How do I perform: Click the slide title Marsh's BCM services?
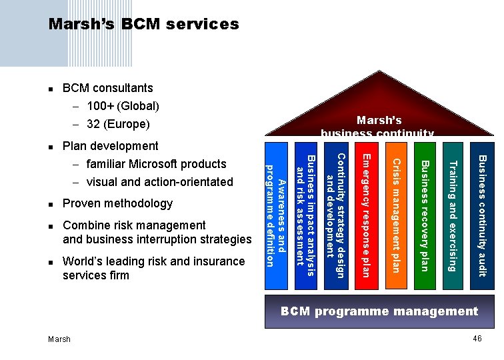click(143, 25)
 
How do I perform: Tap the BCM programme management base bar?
click(379, 311)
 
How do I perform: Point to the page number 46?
click(477, 339)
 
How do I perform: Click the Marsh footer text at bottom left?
click(59, 339)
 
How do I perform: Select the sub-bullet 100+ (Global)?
click(123, 106)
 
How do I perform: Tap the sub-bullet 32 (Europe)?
click(118, 124)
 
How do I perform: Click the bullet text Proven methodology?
click(117, 203)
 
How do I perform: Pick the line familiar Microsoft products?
click(156, 164)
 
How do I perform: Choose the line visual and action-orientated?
click(159, 182)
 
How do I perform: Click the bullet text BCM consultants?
click(107, 88)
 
